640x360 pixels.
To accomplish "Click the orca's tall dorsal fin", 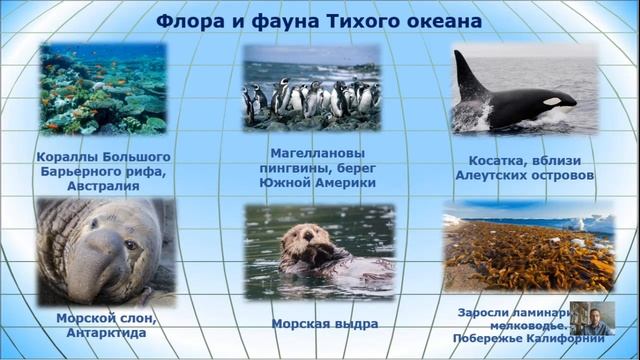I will pos(468,75).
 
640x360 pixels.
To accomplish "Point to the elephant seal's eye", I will pos(130,245).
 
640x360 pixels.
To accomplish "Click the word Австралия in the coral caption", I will pos(102,186).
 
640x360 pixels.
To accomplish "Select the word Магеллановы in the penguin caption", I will pos(311,154).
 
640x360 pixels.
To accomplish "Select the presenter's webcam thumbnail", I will pos(592,318).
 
